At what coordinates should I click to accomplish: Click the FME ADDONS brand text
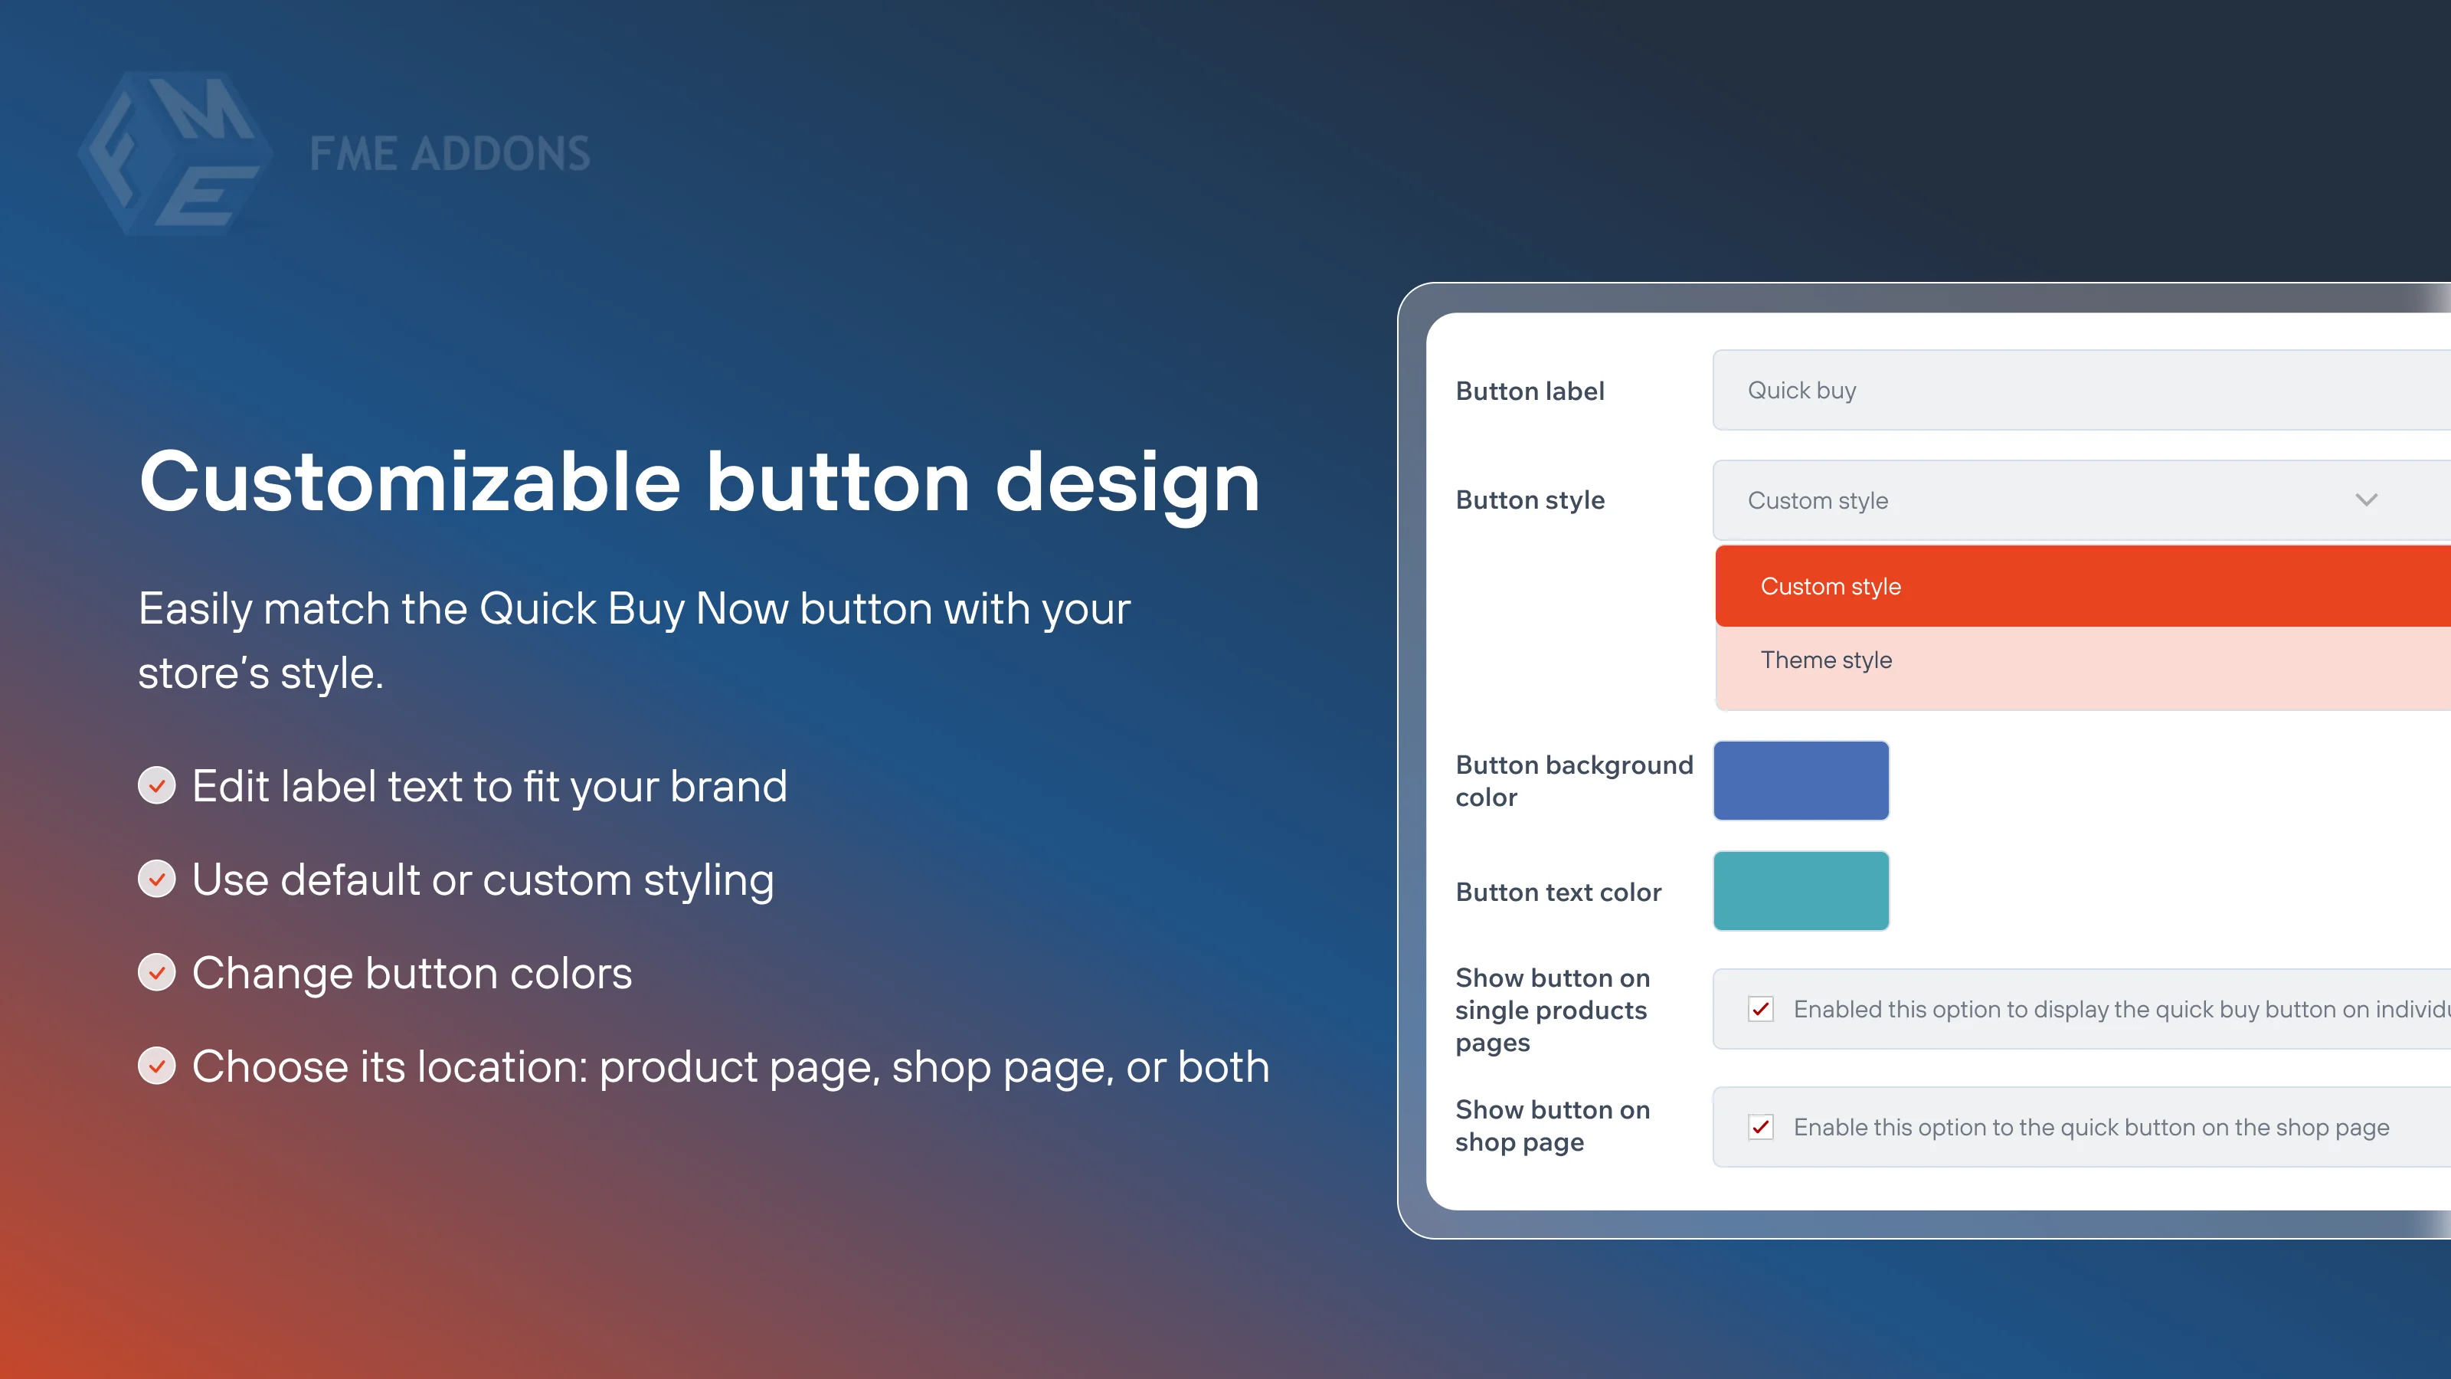point(449,154)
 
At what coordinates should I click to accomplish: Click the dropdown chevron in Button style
point(2365,500)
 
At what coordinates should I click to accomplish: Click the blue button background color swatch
point(1800,781)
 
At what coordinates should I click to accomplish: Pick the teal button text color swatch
point(1800,891)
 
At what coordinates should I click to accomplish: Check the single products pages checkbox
point(1760,1009)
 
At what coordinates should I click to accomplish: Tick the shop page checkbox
point(1760,1127)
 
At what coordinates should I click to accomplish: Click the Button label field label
point(1529,391)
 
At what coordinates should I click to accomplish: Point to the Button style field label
point(1529,500)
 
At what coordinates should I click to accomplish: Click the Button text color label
point(1558,892)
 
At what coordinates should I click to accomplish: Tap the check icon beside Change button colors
point(157,973)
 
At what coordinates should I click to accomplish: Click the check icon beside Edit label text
point(157,786)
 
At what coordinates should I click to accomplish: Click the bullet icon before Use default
point(157,879)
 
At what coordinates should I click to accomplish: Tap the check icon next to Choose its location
point(157,1066)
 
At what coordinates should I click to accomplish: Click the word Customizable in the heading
point(409,482)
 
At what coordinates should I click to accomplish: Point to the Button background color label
point(1574,781)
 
